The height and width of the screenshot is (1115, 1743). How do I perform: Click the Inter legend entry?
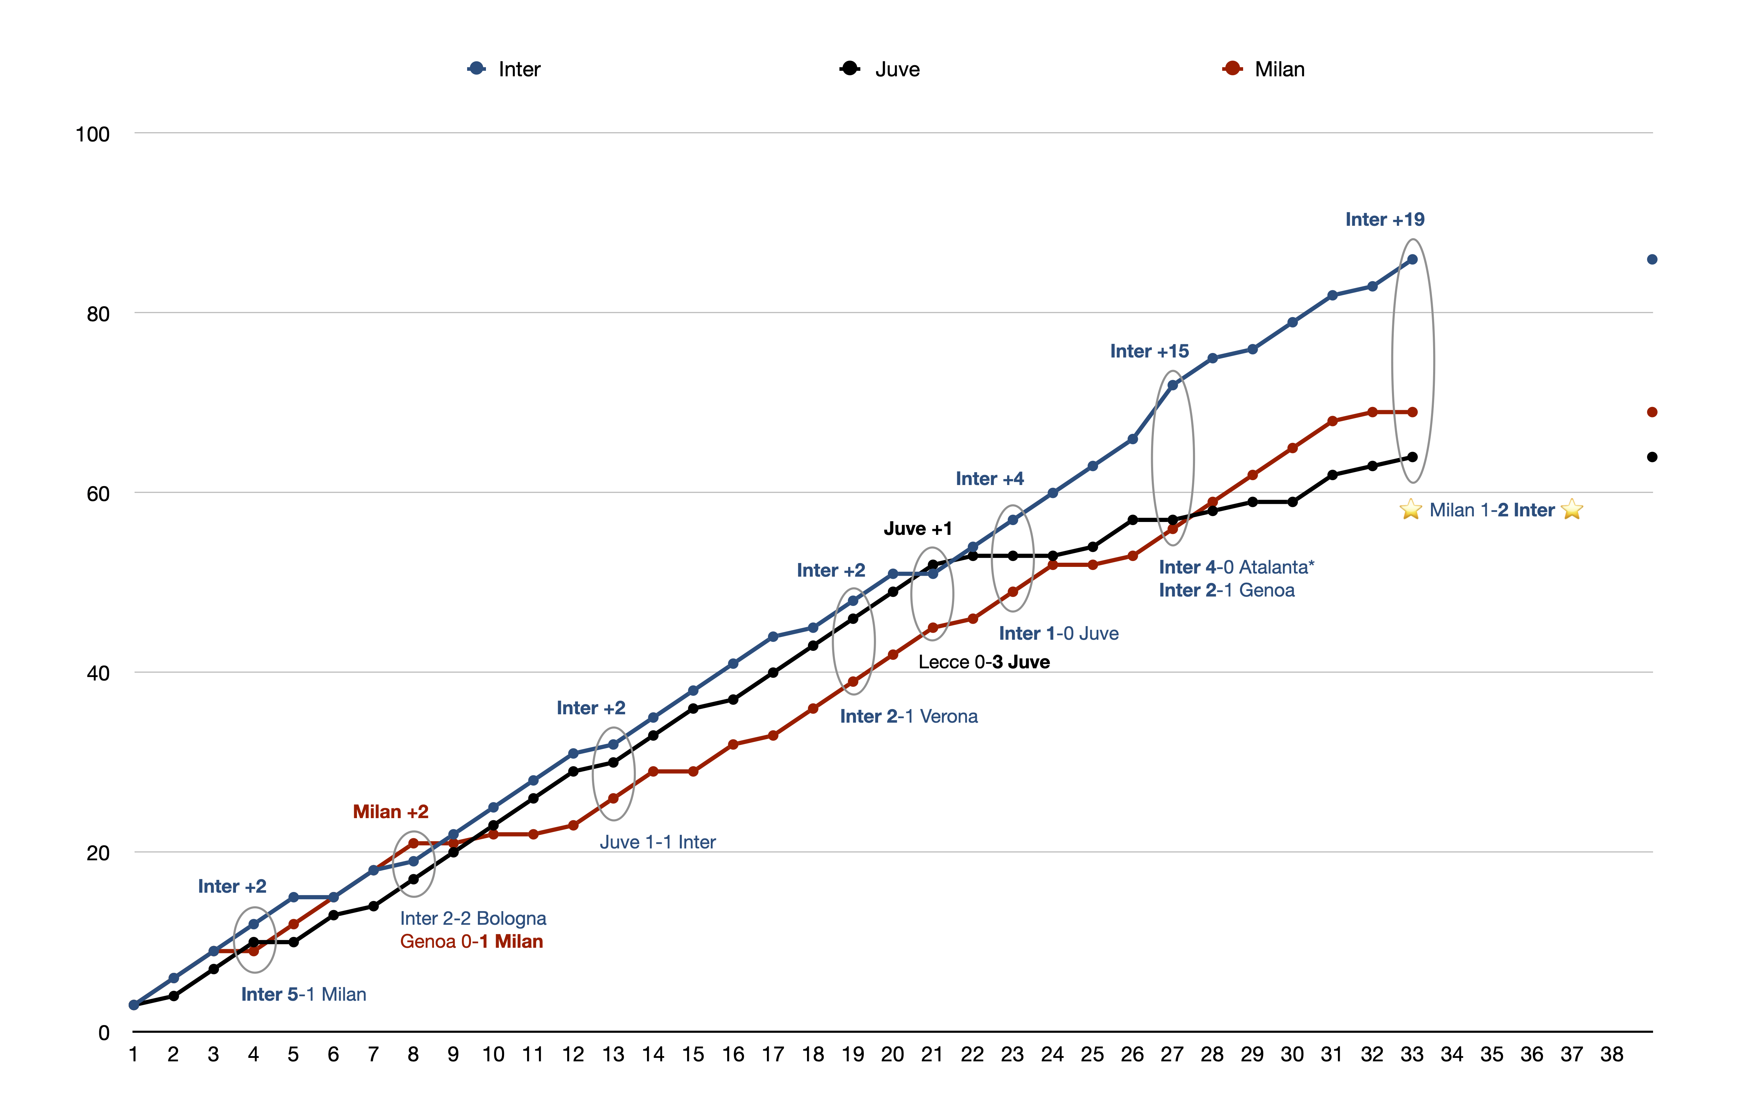[x=505, y=69]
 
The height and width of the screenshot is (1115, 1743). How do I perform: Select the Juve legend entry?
[x=880, y=69]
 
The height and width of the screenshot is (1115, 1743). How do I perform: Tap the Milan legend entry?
[x=1264, y=69]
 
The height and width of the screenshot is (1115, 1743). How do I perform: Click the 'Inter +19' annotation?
[x=1385, y=220]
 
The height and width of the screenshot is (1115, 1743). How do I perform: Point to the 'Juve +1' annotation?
[x=918, y=529]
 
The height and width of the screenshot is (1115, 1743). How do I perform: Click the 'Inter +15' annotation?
[x=1149, y=351]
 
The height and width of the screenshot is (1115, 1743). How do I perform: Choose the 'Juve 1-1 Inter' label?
[x=657, y=842]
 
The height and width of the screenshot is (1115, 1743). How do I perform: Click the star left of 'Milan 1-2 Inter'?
[x=1410, y=510]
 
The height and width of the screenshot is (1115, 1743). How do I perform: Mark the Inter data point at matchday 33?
[x=1412, y=259]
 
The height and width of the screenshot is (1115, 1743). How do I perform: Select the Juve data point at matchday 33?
[x=1412, y=457]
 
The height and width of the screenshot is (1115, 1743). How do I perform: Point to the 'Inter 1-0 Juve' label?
[x=1059, y=633]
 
